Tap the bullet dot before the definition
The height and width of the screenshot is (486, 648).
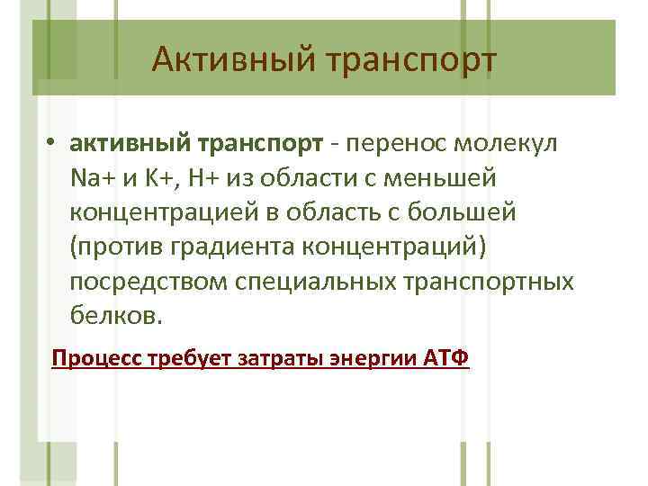[x=54, y=144]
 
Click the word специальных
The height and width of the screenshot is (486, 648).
[x=310, y=283]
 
